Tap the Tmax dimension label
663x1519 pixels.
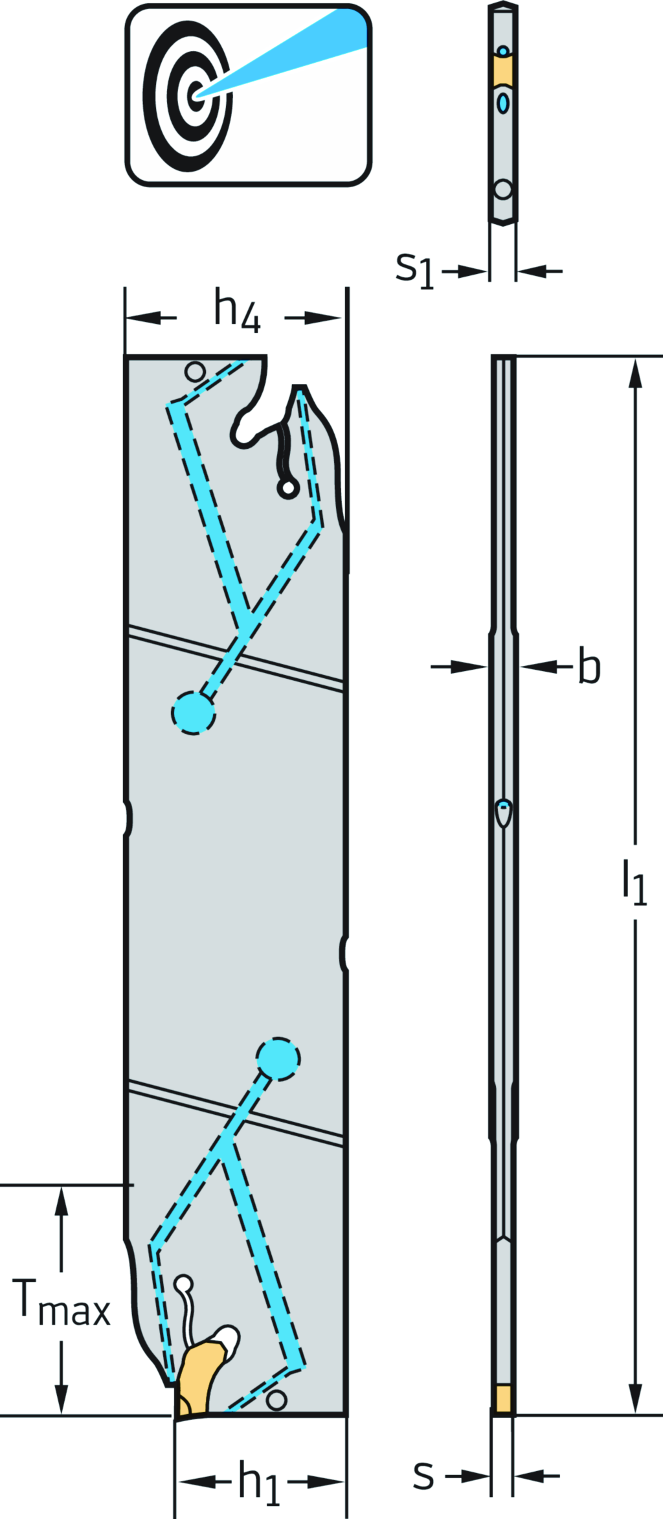62,1303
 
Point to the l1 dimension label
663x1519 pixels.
634,882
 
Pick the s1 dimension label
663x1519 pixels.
414,269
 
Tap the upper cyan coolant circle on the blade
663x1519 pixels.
194,713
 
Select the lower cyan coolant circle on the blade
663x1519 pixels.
278,1058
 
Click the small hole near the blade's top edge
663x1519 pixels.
195,372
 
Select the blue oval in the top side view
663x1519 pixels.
503,103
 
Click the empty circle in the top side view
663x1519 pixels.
503,190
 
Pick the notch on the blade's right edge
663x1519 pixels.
344,953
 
